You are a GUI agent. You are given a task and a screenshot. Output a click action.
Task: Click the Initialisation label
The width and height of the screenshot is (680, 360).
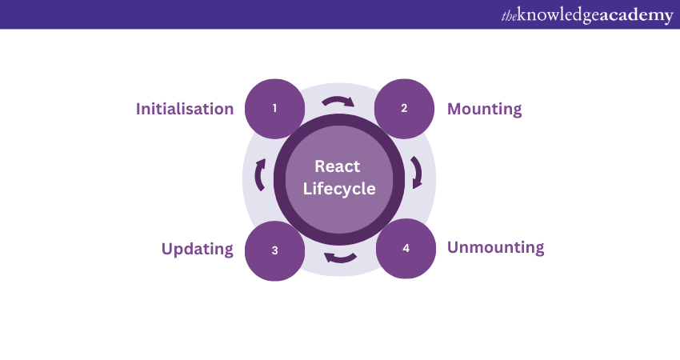185,109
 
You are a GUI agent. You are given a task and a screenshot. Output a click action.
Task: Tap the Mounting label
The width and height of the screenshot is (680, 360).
484,109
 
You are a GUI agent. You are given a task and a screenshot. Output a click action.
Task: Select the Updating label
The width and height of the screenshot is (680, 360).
198,249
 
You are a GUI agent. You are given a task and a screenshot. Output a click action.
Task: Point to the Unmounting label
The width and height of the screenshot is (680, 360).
495,247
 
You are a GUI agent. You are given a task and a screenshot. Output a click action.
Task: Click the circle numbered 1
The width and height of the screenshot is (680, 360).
274,108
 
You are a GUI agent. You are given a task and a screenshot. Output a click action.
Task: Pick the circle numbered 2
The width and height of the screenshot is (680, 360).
404,108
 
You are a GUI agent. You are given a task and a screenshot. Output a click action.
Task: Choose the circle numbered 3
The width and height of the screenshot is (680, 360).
274,250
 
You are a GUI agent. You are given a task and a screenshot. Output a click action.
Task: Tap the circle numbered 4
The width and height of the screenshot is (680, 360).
406,248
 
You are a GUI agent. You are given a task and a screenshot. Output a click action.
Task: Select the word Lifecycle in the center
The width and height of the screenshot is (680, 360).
339,190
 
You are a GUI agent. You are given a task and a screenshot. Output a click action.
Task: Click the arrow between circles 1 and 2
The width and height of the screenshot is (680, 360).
337,102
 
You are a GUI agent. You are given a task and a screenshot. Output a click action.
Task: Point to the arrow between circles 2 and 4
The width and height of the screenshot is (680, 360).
416,172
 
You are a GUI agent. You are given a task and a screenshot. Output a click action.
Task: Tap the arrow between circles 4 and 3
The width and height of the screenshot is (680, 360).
341,257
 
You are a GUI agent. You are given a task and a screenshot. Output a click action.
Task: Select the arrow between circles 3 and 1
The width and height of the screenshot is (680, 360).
260,174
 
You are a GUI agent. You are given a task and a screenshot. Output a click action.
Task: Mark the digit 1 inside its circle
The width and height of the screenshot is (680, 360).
274,108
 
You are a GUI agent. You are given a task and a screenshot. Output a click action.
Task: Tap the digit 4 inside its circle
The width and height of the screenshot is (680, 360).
406,248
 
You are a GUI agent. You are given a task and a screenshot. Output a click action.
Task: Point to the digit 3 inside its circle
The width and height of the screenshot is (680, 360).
274,250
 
